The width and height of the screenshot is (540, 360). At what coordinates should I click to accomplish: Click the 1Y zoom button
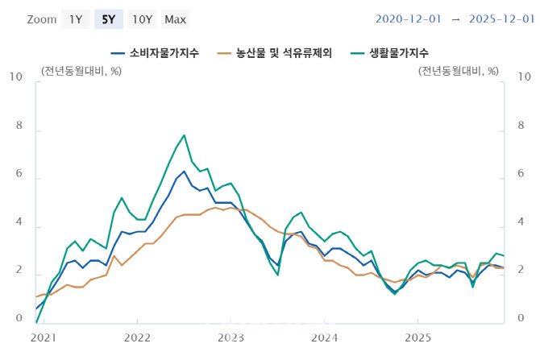pyautogui.click(x=75, y=19)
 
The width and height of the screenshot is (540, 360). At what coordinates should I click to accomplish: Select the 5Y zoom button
pyautogui.click(x=109, y=19)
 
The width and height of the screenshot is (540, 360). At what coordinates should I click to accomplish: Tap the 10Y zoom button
pyautogui.click(x=142, y=19)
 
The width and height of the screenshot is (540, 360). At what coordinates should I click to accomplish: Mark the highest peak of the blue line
pyautogui.click(x=185, y=171)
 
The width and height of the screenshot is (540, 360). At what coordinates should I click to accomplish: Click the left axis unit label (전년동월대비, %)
pyautogui.click(x=81, y=71)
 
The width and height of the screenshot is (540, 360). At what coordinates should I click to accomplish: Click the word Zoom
pyautogui.click(x=42, y=19)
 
